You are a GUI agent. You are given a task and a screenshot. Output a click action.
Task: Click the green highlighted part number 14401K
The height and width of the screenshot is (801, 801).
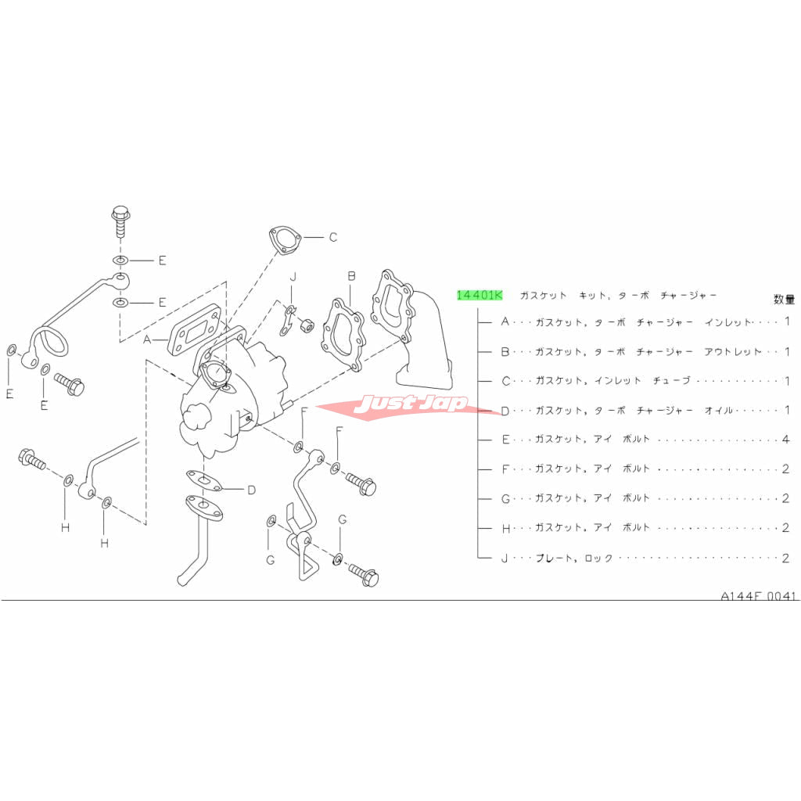click(480, 295)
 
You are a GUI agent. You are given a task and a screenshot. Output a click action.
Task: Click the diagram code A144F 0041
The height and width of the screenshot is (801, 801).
click(758, 595)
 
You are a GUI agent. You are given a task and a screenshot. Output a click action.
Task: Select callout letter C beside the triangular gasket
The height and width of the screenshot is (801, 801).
click(333, 237)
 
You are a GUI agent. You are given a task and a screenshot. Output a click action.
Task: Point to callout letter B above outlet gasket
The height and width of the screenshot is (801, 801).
click(351, 276)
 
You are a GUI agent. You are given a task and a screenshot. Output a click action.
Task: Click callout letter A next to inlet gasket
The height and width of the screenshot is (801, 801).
click(147, 339)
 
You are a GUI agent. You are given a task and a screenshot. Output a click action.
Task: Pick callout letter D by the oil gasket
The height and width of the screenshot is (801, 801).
click(251, 490)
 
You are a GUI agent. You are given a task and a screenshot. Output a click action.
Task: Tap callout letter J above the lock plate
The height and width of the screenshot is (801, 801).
click(293, 277)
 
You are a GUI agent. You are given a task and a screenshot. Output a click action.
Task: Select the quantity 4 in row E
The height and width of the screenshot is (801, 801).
click(785, 440)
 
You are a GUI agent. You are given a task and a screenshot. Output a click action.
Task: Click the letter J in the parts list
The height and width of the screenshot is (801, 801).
click(505, 558)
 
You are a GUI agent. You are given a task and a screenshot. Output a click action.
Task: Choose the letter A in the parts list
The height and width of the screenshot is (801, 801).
click(505, 321)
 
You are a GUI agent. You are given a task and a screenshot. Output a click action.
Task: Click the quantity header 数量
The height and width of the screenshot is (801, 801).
click(784, 300)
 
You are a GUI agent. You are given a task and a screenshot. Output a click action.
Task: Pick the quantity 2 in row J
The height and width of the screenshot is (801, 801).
click(785, 558)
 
